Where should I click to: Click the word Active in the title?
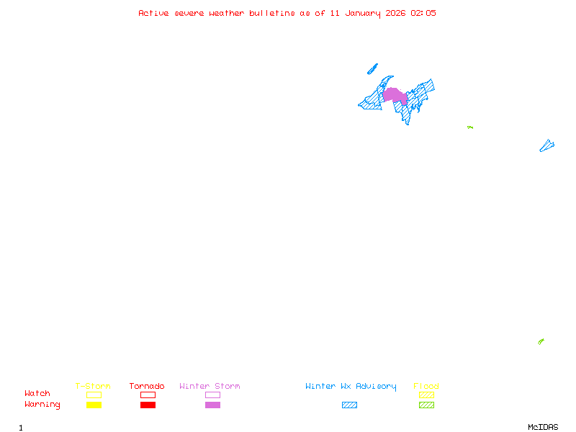tap(154, 13)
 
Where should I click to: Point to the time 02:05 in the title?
tap(423, 13)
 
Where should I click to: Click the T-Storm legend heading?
tap(93, 387)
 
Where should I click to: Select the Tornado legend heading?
tap(147, 387)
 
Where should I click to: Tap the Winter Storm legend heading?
tap(210, 387)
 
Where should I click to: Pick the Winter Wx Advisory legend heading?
tap(351, 387)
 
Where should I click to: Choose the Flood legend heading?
tap(426, 387)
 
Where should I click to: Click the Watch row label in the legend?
tap(37, 394)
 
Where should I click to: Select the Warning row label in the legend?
tap(42, 405)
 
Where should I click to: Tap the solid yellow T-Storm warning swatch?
tap(94, 405)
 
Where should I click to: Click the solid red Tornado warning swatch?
tap(148, 405)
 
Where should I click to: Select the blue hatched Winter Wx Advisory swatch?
tap(349, 405)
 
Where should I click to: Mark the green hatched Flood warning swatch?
tap(426, 405)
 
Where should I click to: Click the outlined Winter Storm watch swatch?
tap(212, 395)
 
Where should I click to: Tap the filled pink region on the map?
tap(394, 95)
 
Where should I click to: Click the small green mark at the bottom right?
tap(541, 341)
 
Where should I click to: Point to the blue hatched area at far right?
tap(546, 146)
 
